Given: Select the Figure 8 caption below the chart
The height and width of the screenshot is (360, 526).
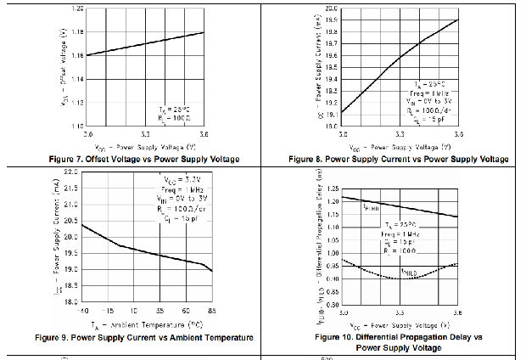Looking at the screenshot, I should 398,159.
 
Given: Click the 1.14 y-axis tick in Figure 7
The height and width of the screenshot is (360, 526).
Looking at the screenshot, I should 77,78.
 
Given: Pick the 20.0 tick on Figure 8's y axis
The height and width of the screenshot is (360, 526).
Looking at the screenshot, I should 331,8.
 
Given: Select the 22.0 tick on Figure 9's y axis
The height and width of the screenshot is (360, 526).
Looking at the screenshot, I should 70,172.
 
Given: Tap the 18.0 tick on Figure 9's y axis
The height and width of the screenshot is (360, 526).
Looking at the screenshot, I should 70,301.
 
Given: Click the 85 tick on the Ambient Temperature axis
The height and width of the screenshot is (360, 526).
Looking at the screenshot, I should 210,312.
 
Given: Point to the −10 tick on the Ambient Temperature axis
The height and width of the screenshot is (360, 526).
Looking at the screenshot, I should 82,312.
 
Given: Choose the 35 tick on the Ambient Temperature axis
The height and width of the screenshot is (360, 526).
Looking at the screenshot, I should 159,312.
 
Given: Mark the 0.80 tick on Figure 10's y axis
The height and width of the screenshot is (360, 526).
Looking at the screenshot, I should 331,303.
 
